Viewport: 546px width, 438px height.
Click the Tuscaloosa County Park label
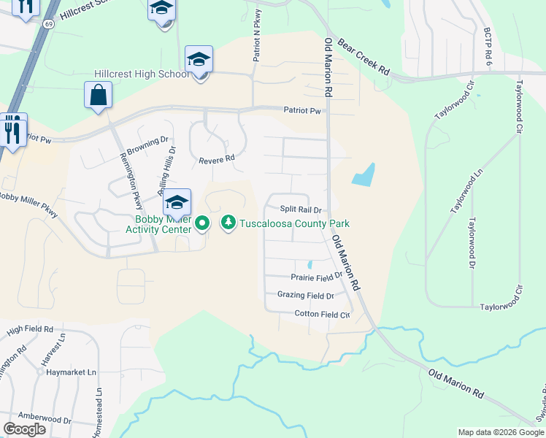295,223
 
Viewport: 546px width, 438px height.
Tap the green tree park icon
228,222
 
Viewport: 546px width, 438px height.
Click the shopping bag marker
98,96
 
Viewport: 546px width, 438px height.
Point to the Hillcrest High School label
141,74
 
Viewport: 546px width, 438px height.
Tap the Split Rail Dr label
301,210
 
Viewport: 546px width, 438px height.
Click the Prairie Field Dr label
316,277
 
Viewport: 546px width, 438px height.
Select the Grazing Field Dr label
305,296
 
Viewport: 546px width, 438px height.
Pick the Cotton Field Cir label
322,314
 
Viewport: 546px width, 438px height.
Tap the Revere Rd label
216,158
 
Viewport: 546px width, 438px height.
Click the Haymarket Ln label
72,372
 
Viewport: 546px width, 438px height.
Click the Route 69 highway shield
49,24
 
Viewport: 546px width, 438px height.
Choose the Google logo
25,429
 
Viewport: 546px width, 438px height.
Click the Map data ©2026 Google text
500,432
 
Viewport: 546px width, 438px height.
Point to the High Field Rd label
30,330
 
